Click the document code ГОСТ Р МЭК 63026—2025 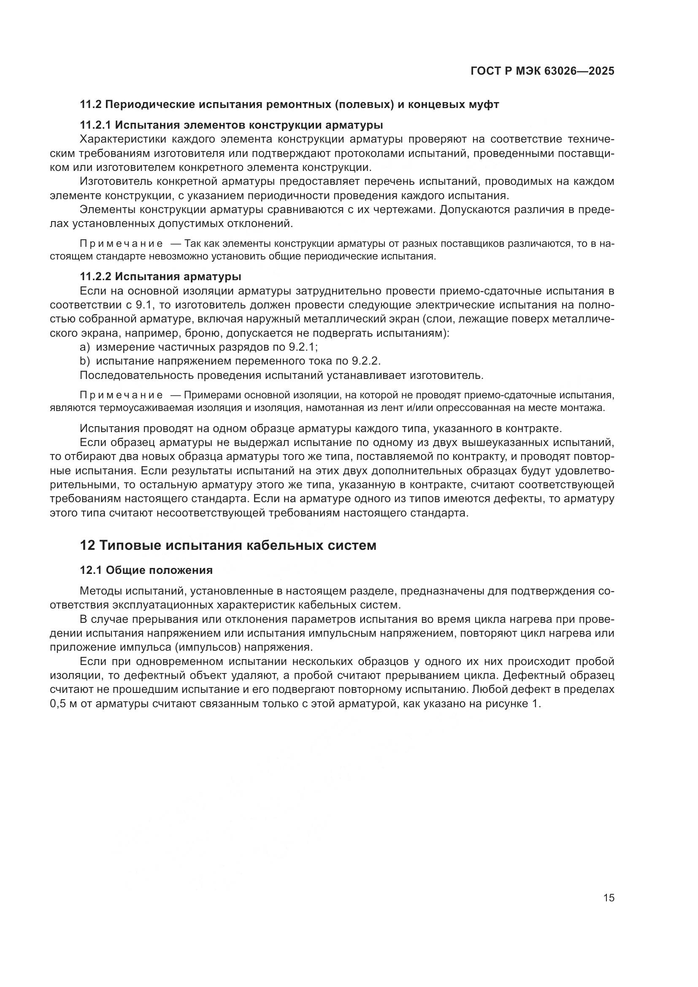coord(542,71)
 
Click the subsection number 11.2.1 coord(95,125)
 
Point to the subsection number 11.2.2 coord(95,276)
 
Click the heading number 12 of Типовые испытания coord(87,546)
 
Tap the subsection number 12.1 coord(91,571)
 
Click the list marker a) coord(85,347)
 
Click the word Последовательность coord(137,375)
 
